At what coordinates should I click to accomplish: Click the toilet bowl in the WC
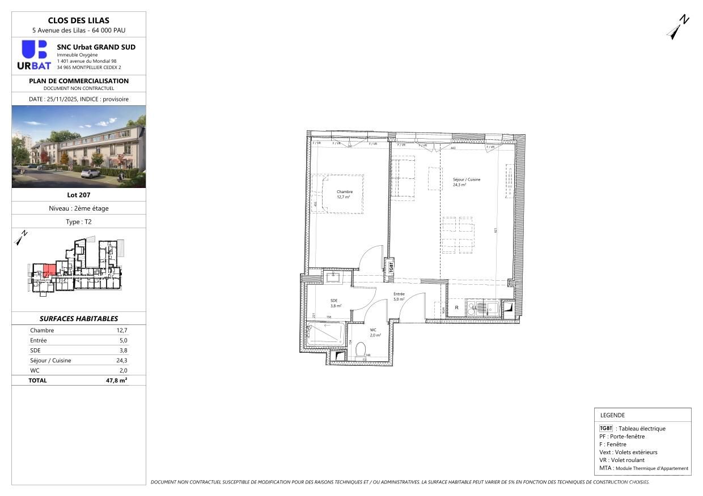361,349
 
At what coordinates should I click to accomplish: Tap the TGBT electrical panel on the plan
391,267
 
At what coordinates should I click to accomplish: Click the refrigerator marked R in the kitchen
456,309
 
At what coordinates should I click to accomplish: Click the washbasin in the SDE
332,277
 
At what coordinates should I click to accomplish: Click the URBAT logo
34,55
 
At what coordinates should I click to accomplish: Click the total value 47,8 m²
117,380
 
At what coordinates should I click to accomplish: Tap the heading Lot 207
78,195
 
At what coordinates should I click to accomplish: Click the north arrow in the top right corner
677,28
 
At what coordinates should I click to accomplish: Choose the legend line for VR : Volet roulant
622,460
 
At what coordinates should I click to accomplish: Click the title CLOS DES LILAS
78,20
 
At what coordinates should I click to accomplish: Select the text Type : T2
78,222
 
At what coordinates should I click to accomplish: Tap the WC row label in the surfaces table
35,370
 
